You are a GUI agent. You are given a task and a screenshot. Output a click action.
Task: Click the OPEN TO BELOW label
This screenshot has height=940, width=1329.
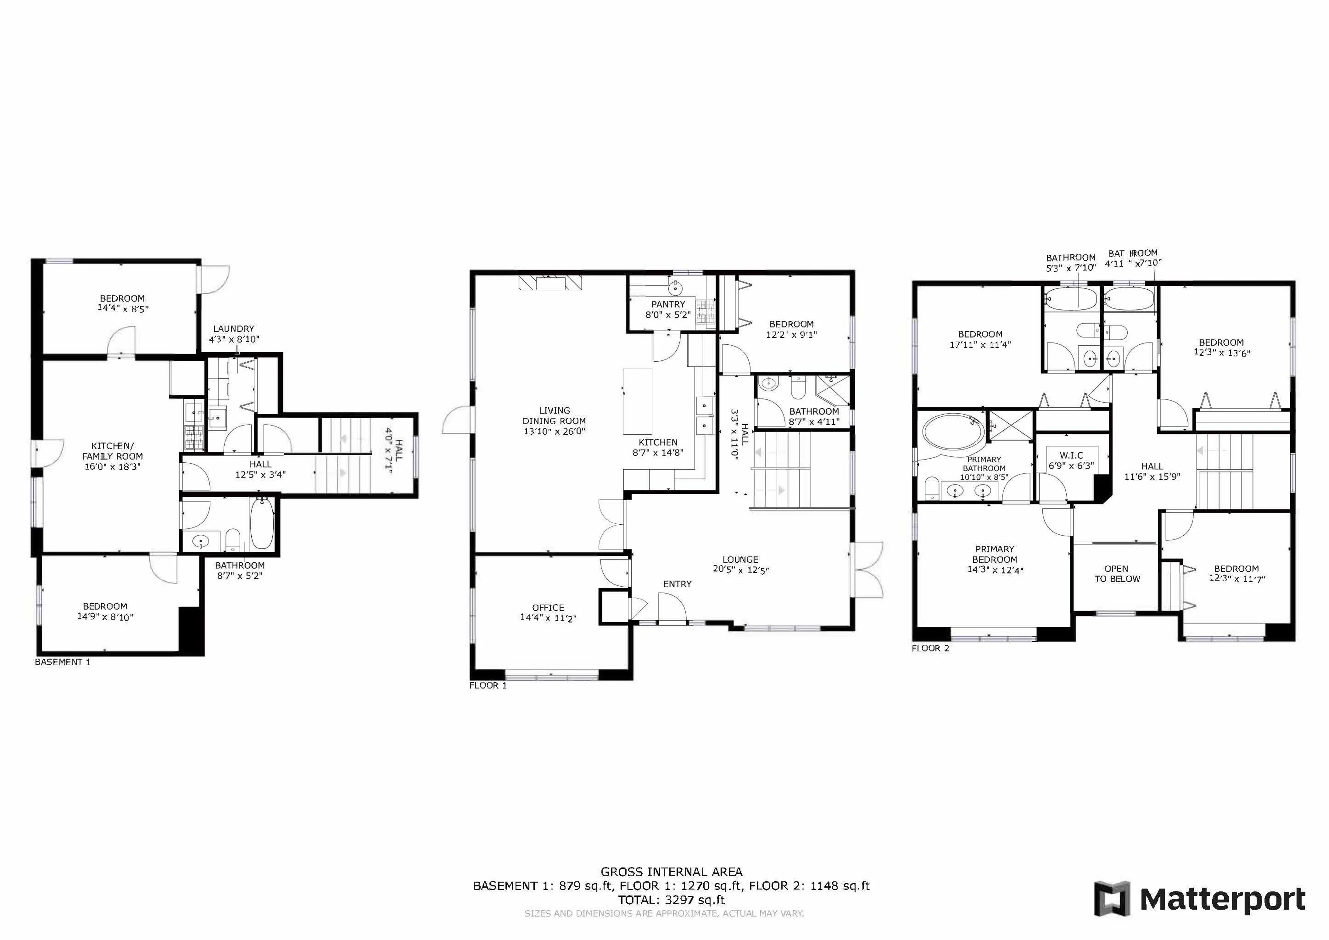(1116, 573)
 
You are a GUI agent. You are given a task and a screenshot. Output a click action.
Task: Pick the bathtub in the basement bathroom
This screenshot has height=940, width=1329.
(262, 524)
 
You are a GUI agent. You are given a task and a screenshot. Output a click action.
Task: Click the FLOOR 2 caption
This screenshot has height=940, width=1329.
(930, 648)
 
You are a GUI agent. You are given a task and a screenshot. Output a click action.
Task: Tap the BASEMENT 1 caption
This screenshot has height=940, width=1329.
(63, 662)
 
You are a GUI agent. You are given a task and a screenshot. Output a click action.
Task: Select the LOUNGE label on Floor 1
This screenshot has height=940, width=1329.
(740, 560)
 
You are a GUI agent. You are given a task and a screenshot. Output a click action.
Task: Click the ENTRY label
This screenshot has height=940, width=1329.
(677, 584)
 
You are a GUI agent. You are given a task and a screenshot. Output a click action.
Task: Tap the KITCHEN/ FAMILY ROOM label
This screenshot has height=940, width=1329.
(112, 451)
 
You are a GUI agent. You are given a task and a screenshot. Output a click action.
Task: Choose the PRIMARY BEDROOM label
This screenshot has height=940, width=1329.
(994, 554)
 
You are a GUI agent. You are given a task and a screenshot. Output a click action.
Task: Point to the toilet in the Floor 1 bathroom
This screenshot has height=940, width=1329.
(798, 388)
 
